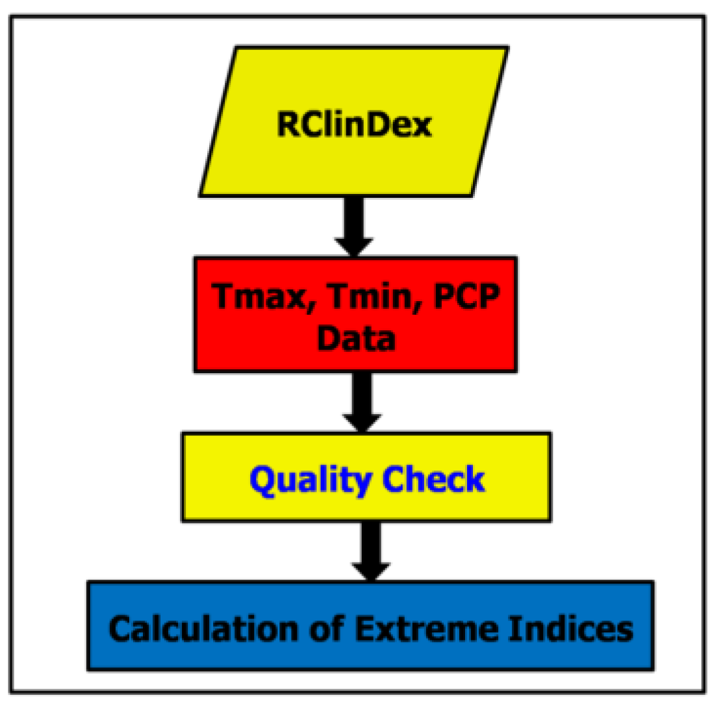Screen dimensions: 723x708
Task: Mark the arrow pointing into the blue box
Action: pos(371,552)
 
